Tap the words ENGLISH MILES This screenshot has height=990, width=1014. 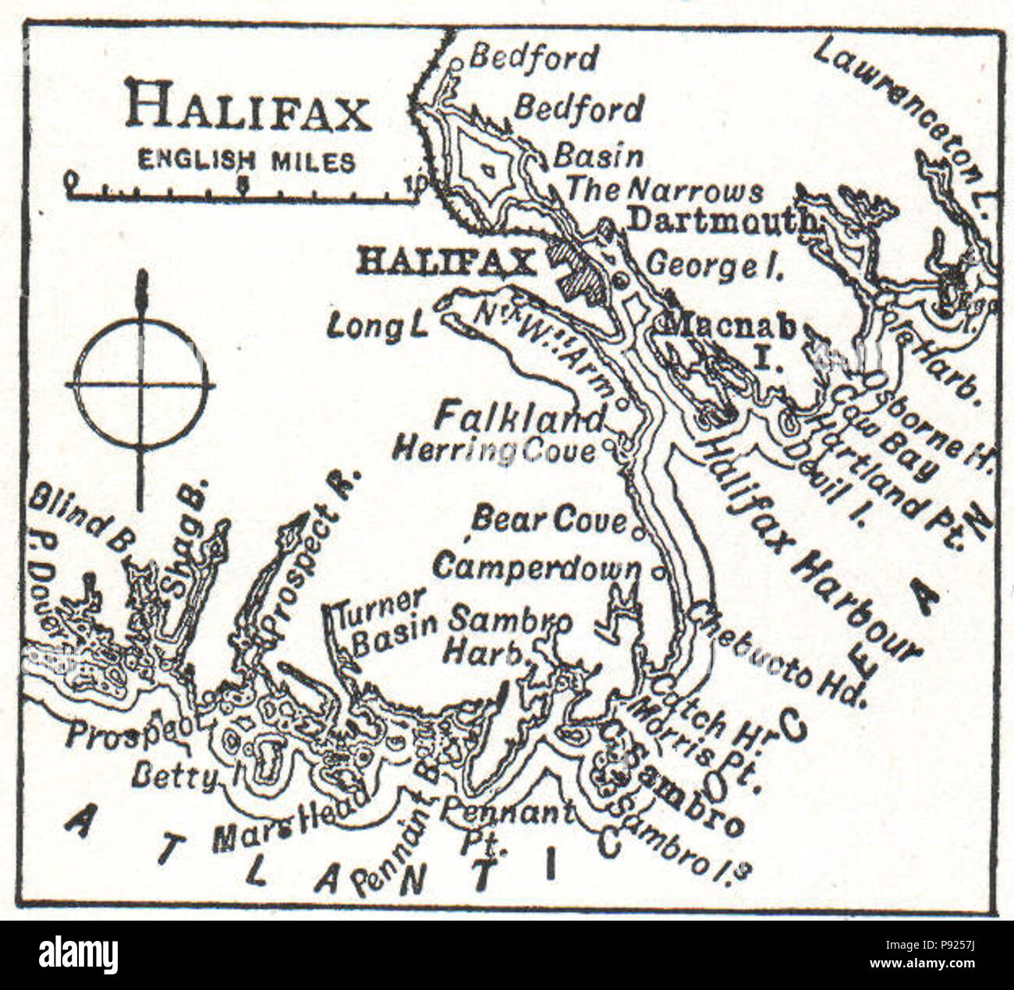click(246, 162)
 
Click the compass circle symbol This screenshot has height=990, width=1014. click(141, 385)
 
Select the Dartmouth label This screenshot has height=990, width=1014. click(721, 221)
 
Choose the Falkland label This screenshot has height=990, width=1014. click(519, 418)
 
